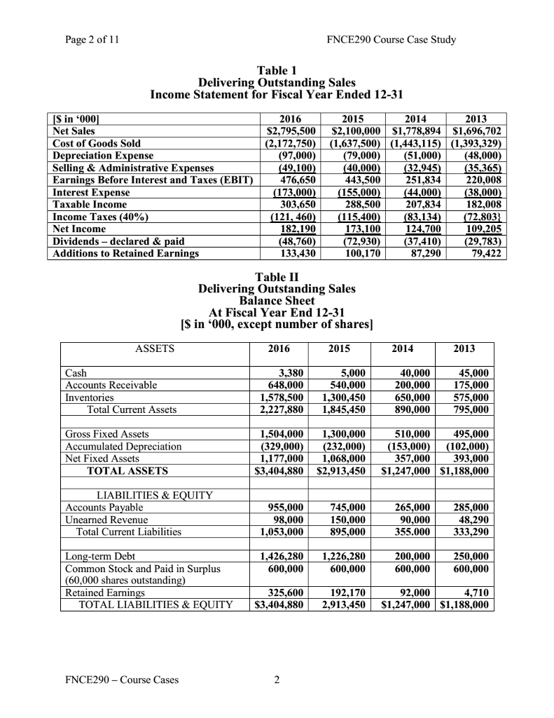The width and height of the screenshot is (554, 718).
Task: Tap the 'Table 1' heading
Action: (277, 70)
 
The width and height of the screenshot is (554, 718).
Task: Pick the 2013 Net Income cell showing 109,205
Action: (480, 229)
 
